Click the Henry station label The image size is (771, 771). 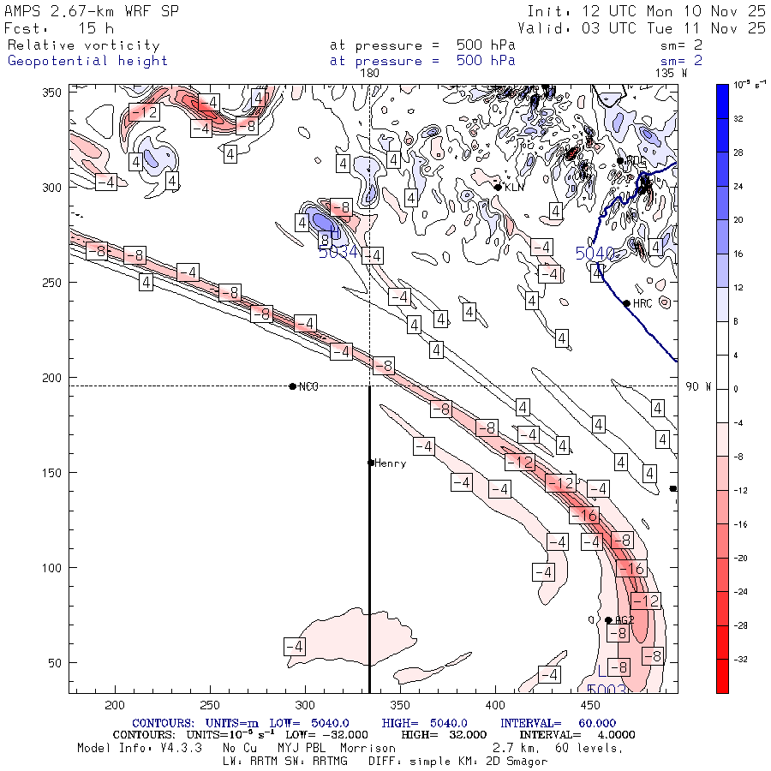[x=390, y=463]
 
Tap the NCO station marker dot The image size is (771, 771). [x=293, y=386]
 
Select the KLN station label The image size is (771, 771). [x=513, y=187]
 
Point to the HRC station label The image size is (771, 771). [x=642, y=303]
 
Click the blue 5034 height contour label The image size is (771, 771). [x=337, y=253]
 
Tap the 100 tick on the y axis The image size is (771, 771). [x=54, y=568]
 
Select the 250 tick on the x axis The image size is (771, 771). [x=209, y=704]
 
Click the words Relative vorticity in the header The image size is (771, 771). [x=83, y=45]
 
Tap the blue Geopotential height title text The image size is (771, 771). [x=87, y=61]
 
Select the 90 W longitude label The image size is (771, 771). [x=698, y=386]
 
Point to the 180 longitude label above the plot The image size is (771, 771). [x=369, y=73]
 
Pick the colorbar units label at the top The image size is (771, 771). [x=743, y=83]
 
